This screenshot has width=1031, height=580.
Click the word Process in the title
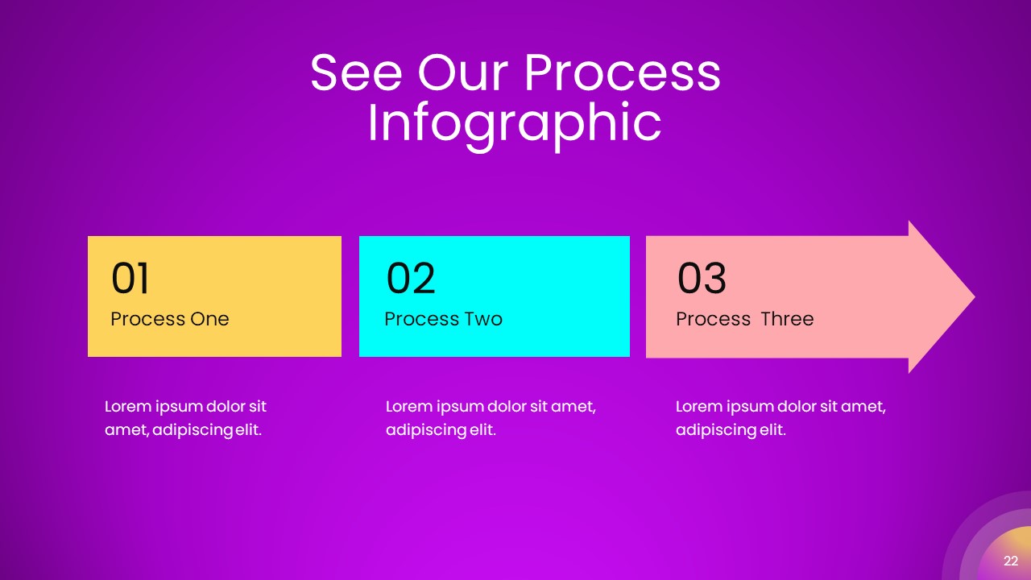[x=622, y=72]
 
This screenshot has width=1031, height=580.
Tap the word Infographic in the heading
[x=514, y=122]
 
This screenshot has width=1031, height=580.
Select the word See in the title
[x=355, y=72]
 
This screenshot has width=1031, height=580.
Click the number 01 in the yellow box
[x=130, y=279]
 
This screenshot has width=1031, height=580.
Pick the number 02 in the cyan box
[x=411, y=279]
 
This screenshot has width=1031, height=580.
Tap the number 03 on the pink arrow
[x=702, y=279]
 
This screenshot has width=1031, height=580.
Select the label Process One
[x=170, y=319]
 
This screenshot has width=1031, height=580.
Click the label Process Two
[x=443, y=319]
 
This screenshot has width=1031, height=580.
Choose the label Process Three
[x=744, y=319]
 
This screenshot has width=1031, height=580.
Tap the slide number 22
[x=1010, y=561]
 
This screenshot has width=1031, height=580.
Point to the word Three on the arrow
[x=787, y=319]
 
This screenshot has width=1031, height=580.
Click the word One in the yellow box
[x=210, y=319]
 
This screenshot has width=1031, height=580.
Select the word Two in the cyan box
[x=484, y=319]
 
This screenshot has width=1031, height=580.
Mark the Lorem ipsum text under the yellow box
[x=185, y=418]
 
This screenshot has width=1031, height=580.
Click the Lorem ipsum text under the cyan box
[x=491, y=418]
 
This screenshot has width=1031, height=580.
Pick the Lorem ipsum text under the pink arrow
[x=780, y=418]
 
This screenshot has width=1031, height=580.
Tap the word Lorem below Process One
[x=128, y=407]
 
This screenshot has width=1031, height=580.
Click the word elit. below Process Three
[x=772, y=430]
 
